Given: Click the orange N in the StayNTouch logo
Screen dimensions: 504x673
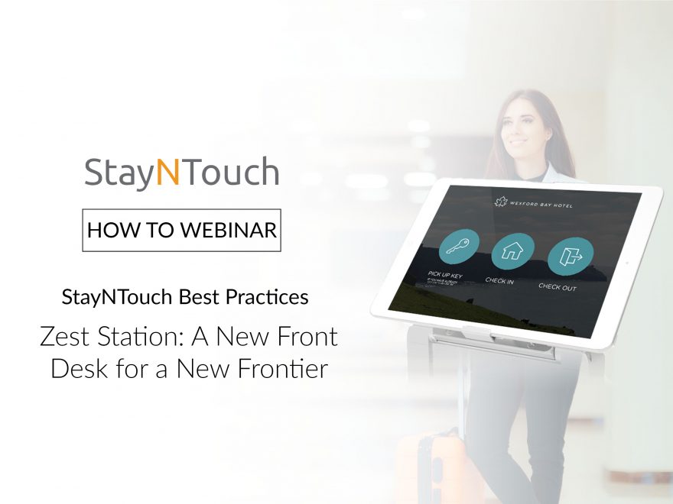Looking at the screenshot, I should (x=167, y=173).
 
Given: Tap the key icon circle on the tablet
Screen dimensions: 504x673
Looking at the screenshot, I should (x=459, y=247).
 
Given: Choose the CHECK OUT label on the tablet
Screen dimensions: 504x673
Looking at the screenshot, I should (x=558, y=287).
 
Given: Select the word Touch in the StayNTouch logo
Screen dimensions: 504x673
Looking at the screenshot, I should (x=230, y=173).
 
